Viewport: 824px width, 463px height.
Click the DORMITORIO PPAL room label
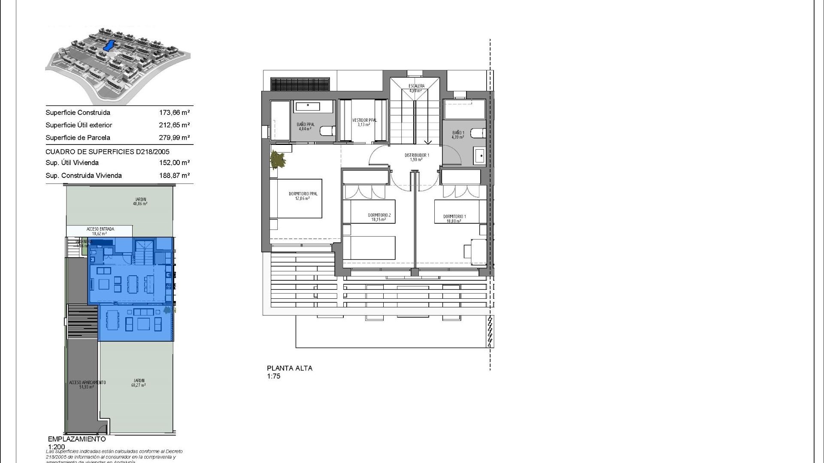click(x=303, y=194)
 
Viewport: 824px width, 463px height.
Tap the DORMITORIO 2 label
click(x=379, y=215)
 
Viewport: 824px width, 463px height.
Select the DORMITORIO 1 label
click(x=454, y=216)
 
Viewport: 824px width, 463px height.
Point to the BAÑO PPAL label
click(x=306, y=125)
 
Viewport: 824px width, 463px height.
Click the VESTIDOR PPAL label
click(x=364, y=120)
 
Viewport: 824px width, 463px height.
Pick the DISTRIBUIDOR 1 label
click(x=417, y=155)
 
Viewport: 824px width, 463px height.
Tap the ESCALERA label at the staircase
click(x=416, y=86)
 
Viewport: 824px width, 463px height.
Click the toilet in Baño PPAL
click(x=327, y=131)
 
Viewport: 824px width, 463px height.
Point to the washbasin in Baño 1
click(x=479, y=155)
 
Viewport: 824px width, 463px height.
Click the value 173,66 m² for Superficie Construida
click(x=174, y=113)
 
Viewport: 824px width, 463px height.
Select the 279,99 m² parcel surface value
click(x=174, y=138)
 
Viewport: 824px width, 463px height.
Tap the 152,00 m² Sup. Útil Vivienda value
click(x=174, y=163)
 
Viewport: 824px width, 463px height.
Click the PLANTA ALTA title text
click(x=290, y=368)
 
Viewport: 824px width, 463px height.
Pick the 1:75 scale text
click(x=273, y=376)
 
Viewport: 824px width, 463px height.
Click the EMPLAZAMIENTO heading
click(x=77, y=439)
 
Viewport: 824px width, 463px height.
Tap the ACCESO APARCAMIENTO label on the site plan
click(x=87, y=382)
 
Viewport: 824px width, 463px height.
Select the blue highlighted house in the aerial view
click(x=109, y=45)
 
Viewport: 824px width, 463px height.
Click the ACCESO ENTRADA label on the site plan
click(x=100, y=229)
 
